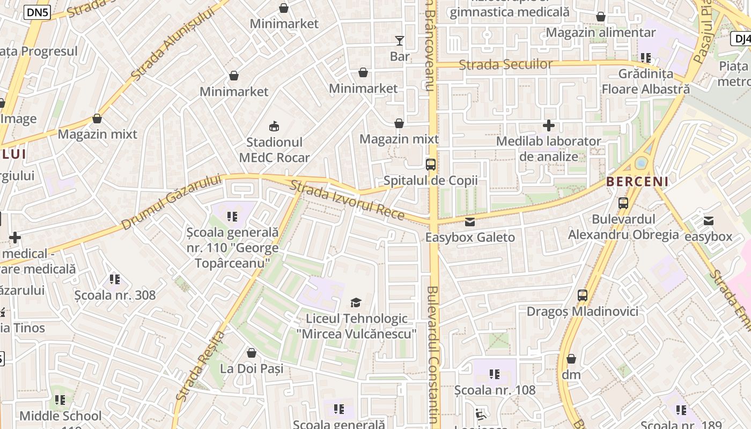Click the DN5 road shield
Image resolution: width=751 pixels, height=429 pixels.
[x=37, y=13]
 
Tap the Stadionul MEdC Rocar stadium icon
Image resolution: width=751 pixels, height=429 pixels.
[x=274, y=127]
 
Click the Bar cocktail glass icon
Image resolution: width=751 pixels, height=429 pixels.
[x=399, y=41]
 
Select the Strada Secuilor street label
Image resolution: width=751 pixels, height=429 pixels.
[x=505, y=65]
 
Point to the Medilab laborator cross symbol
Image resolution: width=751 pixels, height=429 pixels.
[x=548, y=126]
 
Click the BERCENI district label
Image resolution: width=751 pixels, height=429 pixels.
[x=637, y=182]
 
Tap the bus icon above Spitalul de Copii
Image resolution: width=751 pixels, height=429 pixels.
[x=430, y=165]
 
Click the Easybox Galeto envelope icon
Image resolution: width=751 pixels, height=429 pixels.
[x=470, y=221]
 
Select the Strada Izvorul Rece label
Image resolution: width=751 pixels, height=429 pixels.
[x=347, y=201]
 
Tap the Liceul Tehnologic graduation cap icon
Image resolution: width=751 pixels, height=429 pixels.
[x=356, y=303]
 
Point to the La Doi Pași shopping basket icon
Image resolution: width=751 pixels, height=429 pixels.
[x=251, y=353]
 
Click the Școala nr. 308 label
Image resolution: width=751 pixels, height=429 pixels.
[x=115, y=295]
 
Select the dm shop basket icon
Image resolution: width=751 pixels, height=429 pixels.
[x=571, y=359]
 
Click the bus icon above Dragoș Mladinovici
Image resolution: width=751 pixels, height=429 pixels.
[x=582, y=295]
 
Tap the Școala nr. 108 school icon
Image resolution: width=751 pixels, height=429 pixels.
[x=495, y=374]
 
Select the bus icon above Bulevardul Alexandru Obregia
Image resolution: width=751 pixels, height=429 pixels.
[x=623, y=203]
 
